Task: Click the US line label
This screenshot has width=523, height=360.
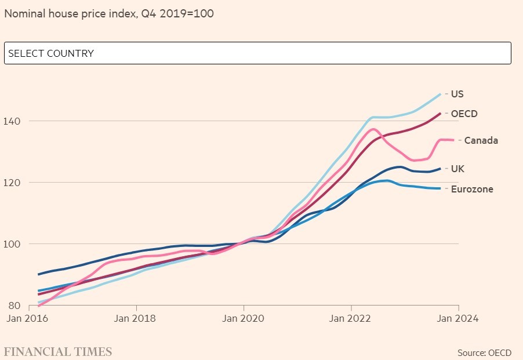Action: (457, 94)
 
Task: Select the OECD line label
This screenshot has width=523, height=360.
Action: (464, 114)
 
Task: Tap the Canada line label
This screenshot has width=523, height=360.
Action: (481, 140)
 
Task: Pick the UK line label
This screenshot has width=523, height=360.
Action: (457, 169)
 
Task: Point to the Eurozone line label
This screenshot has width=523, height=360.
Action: (472, 189)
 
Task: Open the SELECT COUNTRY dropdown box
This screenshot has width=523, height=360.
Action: (257, 53)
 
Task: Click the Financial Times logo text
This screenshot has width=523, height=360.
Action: (58, 352)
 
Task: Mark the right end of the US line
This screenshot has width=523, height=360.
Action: (441, 94)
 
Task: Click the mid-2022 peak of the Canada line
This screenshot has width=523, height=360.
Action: (373, 129)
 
